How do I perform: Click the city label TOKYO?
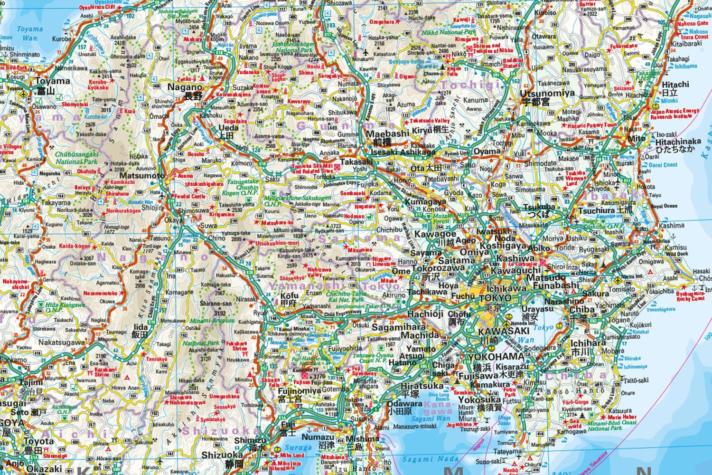pyautogui.click(x=496, y=298)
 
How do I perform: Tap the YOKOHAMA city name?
pyautogui.click(x=496, y=357)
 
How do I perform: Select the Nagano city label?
pyautogui.click(x=185, y=87)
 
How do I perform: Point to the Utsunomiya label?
pyautogui.click(x=547, y=93)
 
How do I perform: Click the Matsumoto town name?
pyautogui.click(x=142, y=176)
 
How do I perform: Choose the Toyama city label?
pyautogui.click(x=53, y=81)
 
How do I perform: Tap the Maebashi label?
pyautogui.click(x=387, y=134)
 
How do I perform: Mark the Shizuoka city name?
pyautogui.click(x=222, y=455)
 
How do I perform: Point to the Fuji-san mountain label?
pyautogui.click(x=322, y=382)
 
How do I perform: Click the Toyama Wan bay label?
pyautogui.click(x=29, y=33)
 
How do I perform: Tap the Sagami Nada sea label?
pyautogui.click(x=430, y=459)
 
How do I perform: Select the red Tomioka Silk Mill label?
pyautogui.click(x=312, y=169)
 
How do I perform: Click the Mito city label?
pyautogui.click(x=637, y=139)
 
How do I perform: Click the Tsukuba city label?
pyautogui.click(x=539, y=207)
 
